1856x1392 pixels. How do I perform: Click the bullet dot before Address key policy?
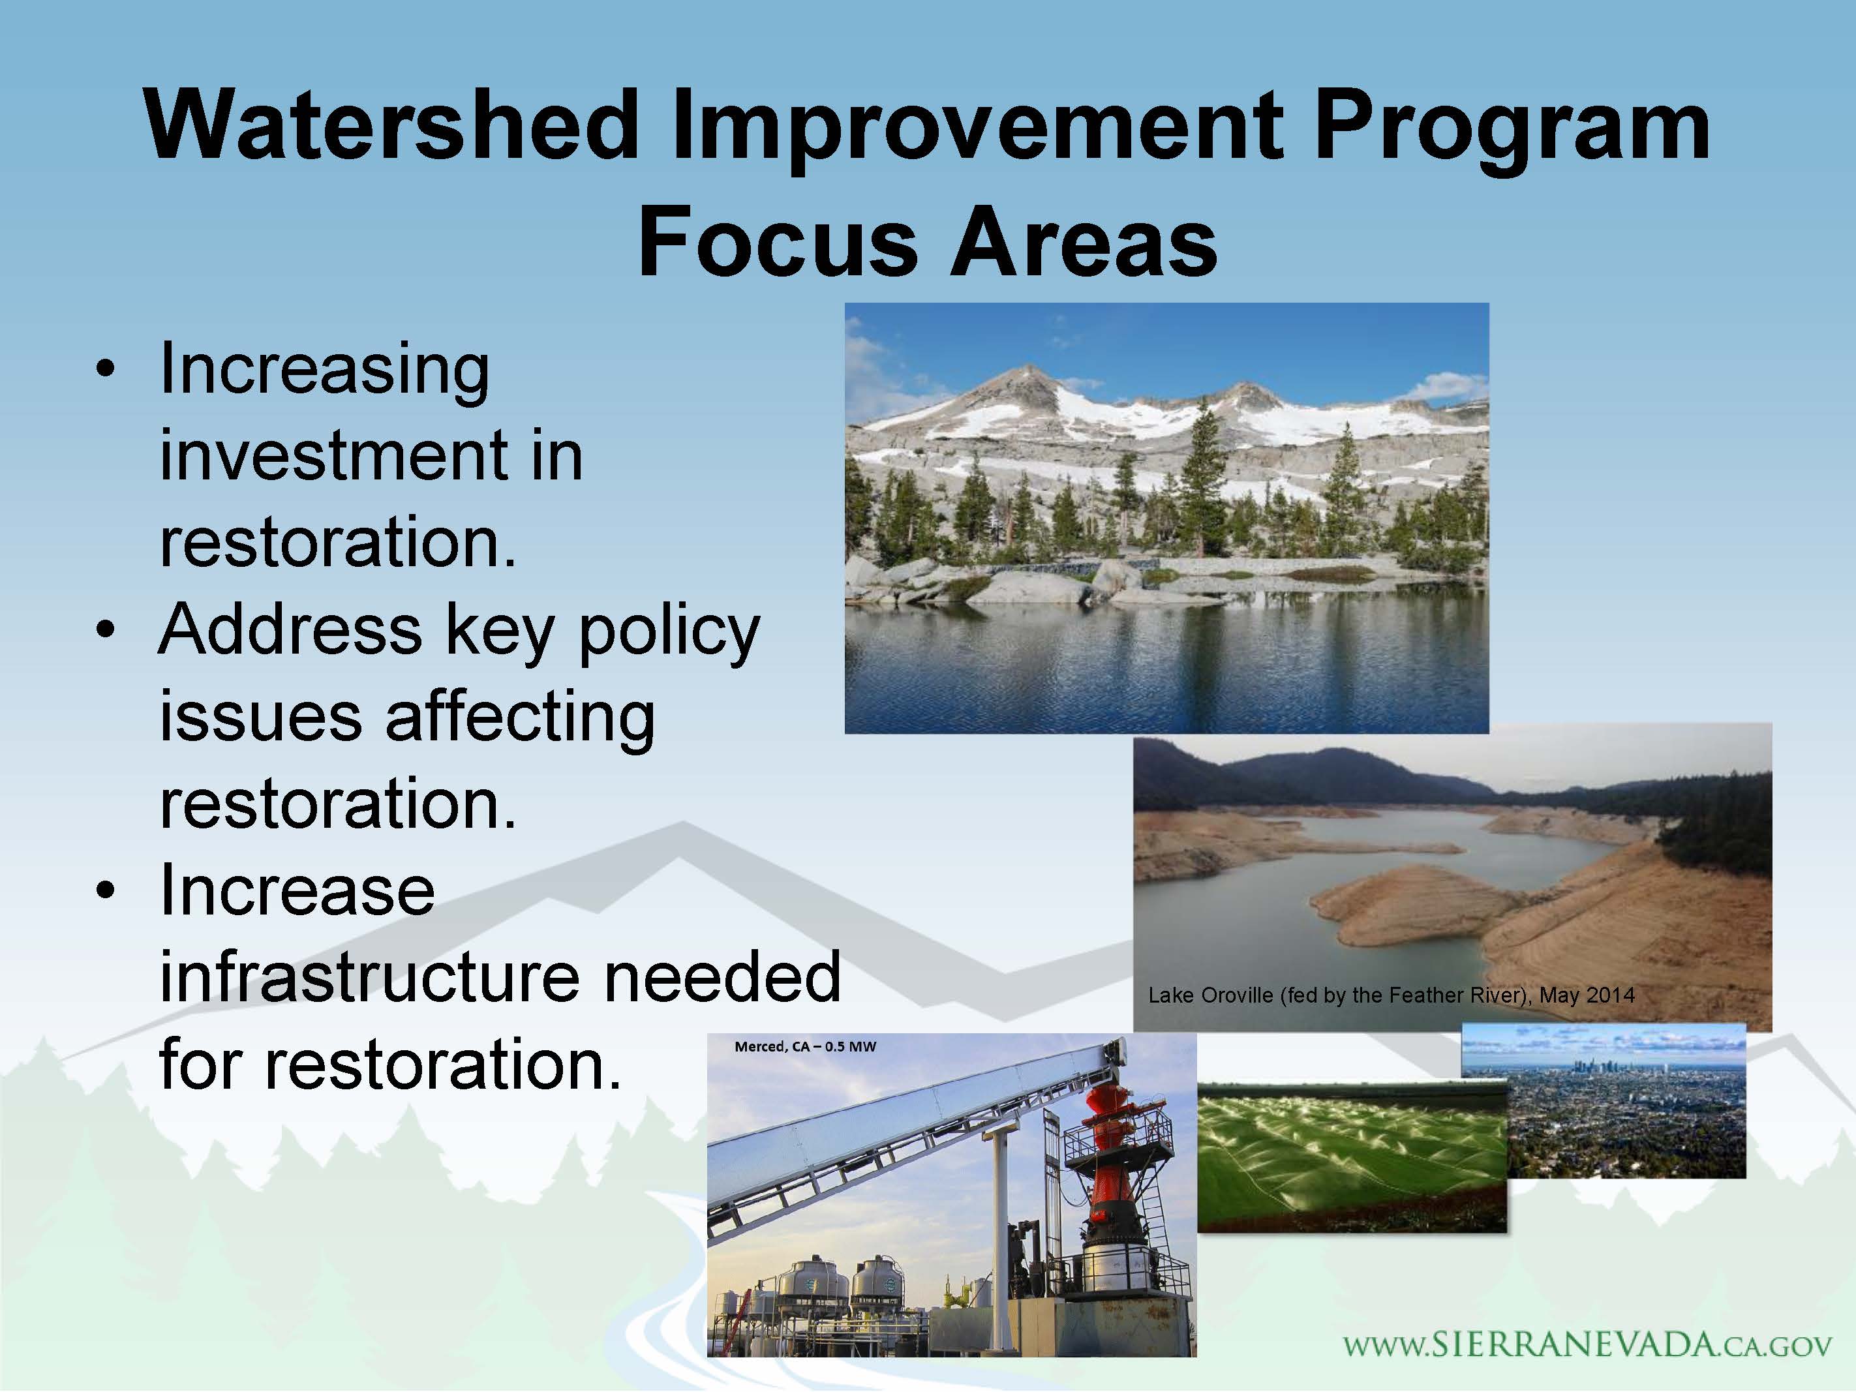coord(104,631)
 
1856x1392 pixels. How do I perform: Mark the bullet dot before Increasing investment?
coord(104,370)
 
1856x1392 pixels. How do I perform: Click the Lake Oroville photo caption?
coord(1391,996)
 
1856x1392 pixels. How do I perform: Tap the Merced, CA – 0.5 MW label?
coord(806,1046)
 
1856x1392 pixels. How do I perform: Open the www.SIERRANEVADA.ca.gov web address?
coord(1587,1345)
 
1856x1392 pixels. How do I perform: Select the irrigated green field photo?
coord(1352,1158)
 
